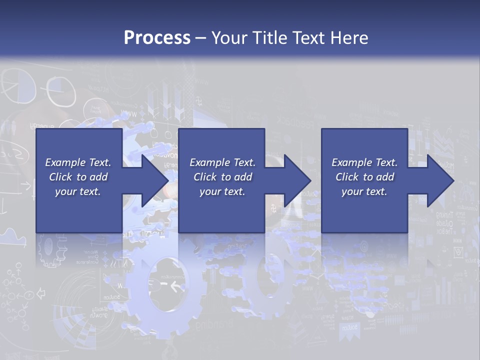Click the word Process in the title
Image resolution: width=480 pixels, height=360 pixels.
point(157,38)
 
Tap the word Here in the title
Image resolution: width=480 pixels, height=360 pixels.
point(349,38)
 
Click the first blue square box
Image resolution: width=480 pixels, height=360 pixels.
point(79,145)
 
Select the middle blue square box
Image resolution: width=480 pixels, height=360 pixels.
point(221,145)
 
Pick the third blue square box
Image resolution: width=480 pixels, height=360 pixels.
point(364,145)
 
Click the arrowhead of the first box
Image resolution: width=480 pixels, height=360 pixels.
point(155,180)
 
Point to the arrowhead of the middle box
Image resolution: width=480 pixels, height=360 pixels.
point(297,180)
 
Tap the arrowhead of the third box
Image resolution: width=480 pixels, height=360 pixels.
point(440,180)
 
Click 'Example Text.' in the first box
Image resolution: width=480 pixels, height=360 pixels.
point(78,162)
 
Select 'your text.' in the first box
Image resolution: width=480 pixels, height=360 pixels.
point(78,191)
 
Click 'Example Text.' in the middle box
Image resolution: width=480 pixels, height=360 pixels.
point(222,162)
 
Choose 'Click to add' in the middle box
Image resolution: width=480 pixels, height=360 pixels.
point(222,177)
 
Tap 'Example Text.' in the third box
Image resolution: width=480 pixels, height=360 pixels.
point(364,162)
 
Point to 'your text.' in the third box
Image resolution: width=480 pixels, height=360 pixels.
point(364,191)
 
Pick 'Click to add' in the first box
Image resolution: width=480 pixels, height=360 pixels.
point(78,177)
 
